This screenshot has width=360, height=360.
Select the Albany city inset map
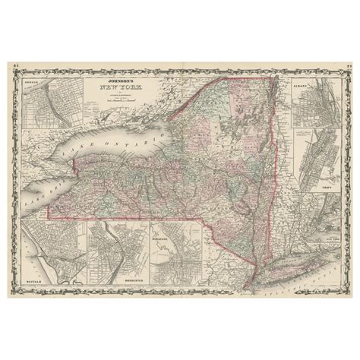pos(311,106)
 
